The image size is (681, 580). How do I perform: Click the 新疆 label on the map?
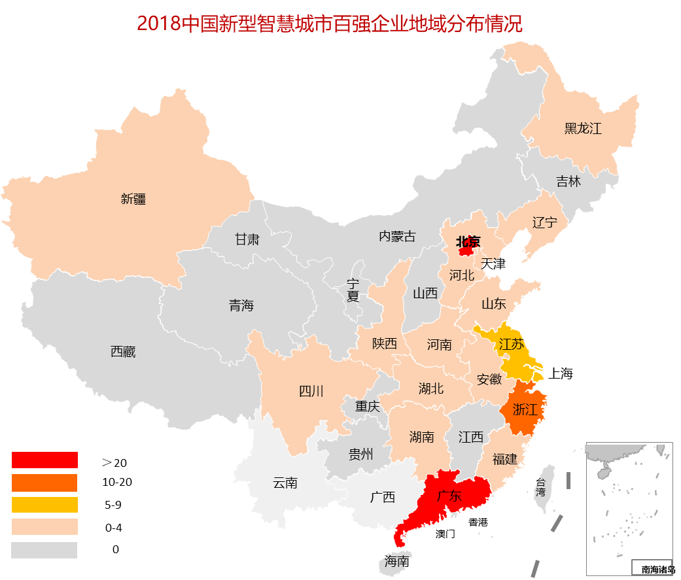pos(133,199)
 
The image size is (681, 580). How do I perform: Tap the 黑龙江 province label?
pos(583,128)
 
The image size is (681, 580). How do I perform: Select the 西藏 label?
pos(123,352)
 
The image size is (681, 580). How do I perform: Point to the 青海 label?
pos(241,305)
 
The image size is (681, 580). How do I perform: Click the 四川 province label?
pos(311,391)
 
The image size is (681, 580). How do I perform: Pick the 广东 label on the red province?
pos(449,496)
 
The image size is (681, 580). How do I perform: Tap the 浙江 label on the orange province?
pos(525,410)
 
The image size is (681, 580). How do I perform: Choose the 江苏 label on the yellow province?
pos(511,344)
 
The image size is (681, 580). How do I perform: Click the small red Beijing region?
pos(466,250)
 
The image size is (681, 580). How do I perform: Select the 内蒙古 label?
pos(397,236)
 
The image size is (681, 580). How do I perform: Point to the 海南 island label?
pos(397,561)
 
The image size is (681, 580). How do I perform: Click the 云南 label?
pos(285,483)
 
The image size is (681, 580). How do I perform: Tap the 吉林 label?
pos(568,181)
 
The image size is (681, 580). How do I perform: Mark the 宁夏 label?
pos(353,290)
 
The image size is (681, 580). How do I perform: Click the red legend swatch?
pos(44,460)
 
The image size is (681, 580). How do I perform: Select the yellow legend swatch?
pos(44,505)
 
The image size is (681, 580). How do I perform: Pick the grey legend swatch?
pos(44,550)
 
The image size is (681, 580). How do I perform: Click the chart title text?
pos(330,24)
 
